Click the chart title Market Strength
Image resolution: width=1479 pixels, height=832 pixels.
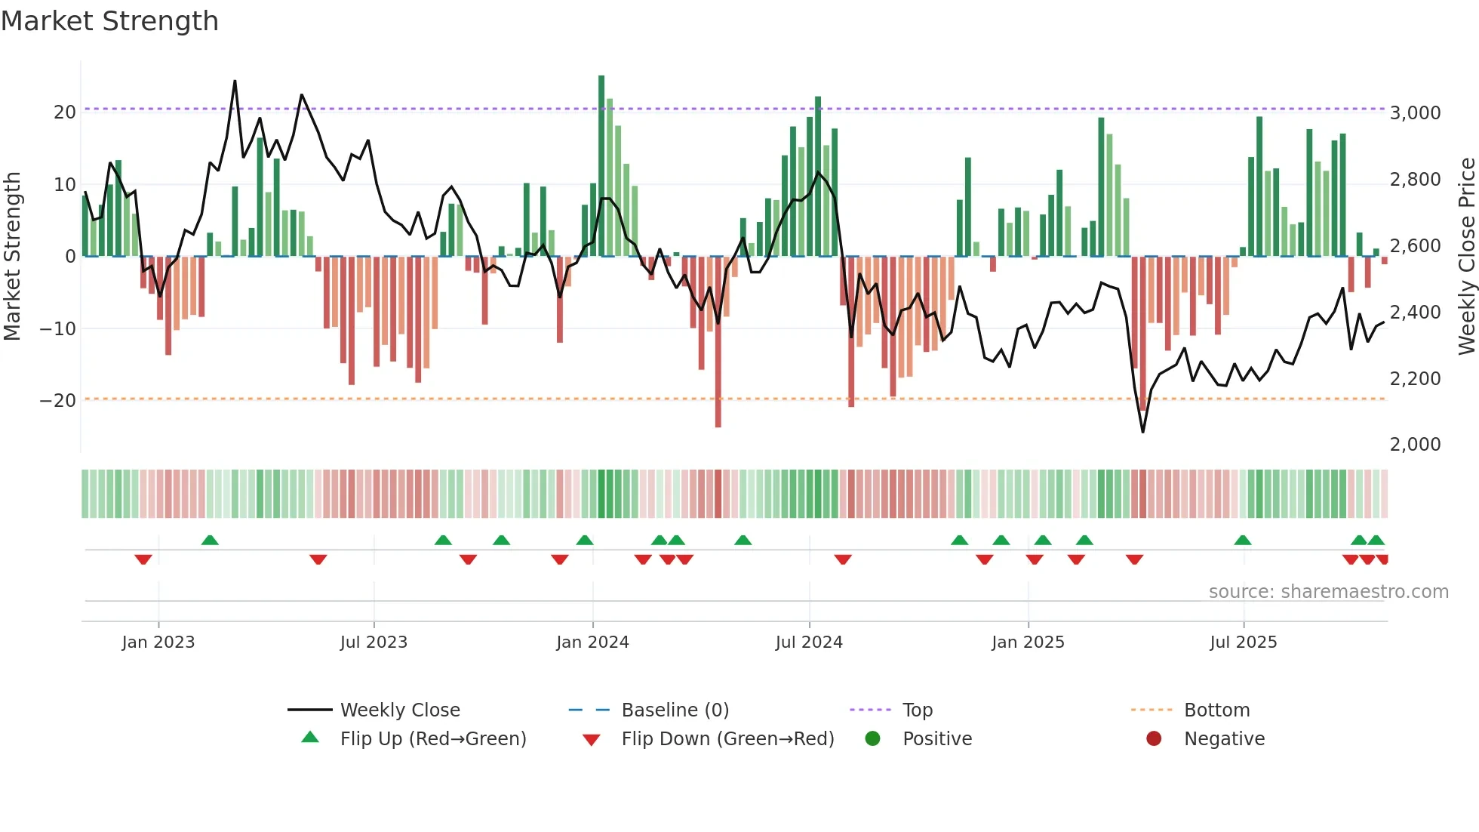(x=109, y=21)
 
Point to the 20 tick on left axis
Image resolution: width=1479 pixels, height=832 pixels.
(x=65, y=112)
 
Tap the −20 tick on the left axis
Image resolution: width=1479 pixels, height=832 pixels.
(x=59, y=401)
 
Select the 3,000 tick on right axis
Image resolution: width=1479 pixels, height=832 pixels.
(x=1415, y=113)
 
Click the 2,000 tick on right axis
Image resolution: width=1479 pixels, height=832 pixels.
(x=1415, y=445)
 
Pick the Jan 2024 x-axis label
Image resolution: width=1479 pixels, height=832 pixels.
(x=592, y=642)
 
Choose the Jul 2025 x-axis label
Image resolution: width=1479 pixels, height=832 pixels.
(x=1243, y=642)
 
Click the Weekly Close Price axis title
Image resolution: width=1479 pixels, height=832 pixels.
(x=1466, y=257)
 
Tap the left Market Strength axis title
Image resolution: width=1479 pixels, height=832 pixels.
(x=12, y=257)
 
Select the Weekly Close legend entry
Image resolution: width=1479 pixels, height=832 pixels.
(x=400, y=710)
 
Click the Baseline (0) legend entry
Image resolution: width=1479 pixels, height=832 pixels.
(x=675, y=710)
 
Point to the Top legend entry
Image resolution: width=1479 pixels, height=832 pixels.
(x=917, y=710)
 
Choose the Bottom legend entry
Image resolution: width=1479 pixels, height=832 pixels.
(x=1216, y=710)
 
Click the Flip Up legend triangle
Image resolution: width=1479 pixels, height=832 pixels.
(x=310, y=738)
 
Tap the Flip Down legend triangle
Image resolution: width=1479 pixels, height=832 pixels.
(x=592, y=740)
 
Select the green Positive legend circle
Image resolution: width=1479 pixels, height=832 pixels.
(x=872, y=738)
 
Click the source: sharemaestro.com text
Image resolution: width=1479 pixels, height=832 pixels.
(x=1328, y=592)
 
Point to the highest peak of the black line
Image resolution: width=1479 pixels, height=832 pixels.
(x=235, y=82)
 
